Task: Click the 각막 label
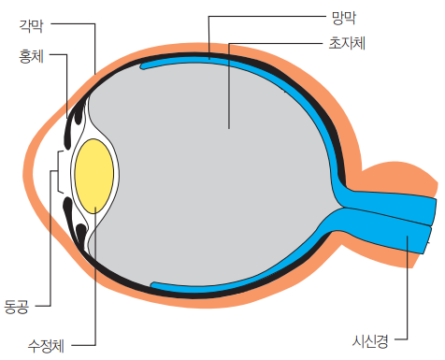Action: click(x=31, y=25)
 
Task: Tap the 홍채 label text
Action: click(x=31, y=56)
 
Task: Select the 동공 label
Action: click(x=16, y=306)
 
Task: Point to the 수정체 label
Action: click(x=46, y=346)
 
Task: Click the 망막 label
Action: click(x=344, y=18)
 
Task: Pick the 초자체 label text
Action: click(x=347, y=43)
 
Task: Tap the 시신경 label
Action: click(x=370, y=341)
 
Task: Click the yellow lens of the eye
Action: click(x=94, y=176)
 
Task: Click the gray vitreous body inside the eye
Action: click(x=212, y=175)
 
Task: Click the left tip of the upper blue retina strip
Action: click(x=142, y=66)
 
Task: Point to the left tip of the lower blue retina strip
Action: click(x=152, y=284)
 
